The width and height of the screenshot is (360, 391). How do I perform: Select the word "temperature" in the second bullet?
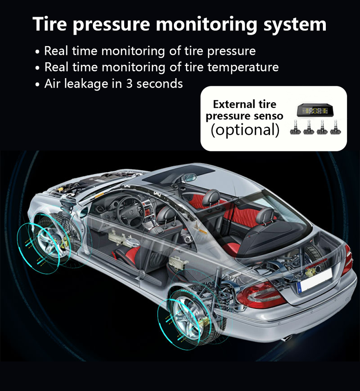[243, 67]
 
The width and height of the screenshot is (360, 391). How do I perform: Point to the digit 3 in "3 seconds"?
[130, 84]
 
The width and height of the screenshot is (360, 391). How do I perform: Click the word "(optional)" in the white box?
[245, 130]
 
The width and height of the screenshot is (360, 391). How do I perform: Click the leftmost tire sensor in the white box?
[296, 129]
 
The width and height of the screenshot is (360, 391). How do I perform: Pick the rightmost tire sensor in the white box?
[336, 129]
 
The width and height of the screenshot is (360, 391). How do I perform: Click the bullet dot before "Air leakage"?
[37, 85]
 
